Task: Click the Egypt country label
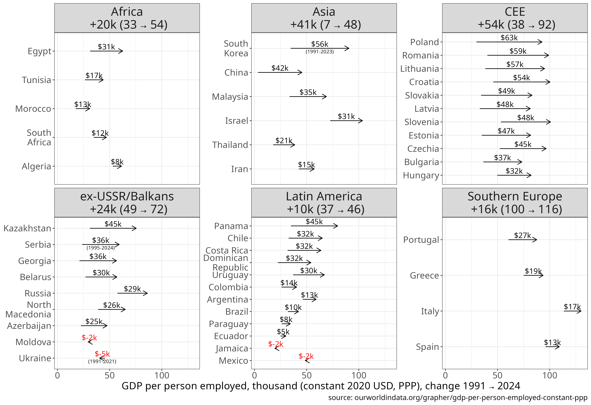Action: click(39, 51)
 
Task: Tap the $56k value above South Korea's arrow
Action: click(319, 44)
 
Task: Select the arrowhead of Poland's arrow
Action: click(541, 42)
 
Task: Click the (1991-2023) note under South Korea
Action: click(319, 52)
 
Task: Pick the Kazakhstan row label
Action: click(27, 228)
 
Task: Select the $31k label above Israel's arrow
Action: click(346, 116)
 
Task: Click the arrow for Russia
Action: click(132, 293)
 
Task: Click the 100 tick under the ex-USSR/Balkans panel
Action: click(162, 375)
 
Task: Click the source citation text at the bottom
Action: click(457, 397)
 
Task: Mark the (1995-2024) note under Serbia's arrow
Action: click(101, 248)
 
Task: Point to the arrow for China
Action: click(280, 72)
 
